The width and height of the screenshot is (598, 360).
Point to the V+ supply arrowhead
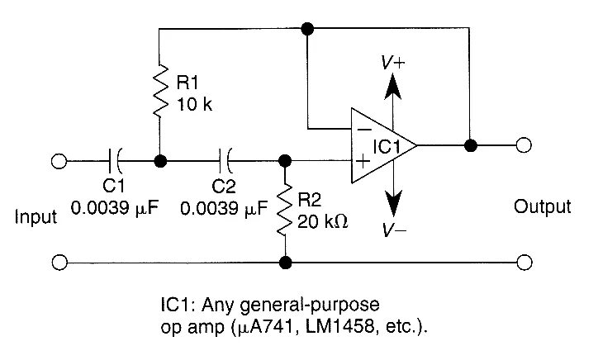click(394, 85)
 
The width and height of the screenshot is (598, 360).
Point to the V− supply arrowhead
click(394, 203)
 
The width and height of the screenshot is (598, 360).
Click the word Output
click(542, 206)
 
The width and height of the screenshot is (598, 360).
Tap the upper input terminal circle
click(59, 160)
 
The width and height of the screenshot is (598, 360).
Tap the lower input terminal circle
click(59, 263)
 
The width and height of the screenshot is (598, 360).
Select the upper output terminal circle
click(522, 145)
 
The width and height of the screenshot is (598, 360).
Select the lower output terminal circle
click(522, 263)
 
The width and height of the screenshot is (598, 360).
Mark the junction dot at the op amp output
click(470, 145)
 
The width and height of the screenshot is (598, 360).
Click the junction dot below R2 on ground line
click(286, 263)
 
